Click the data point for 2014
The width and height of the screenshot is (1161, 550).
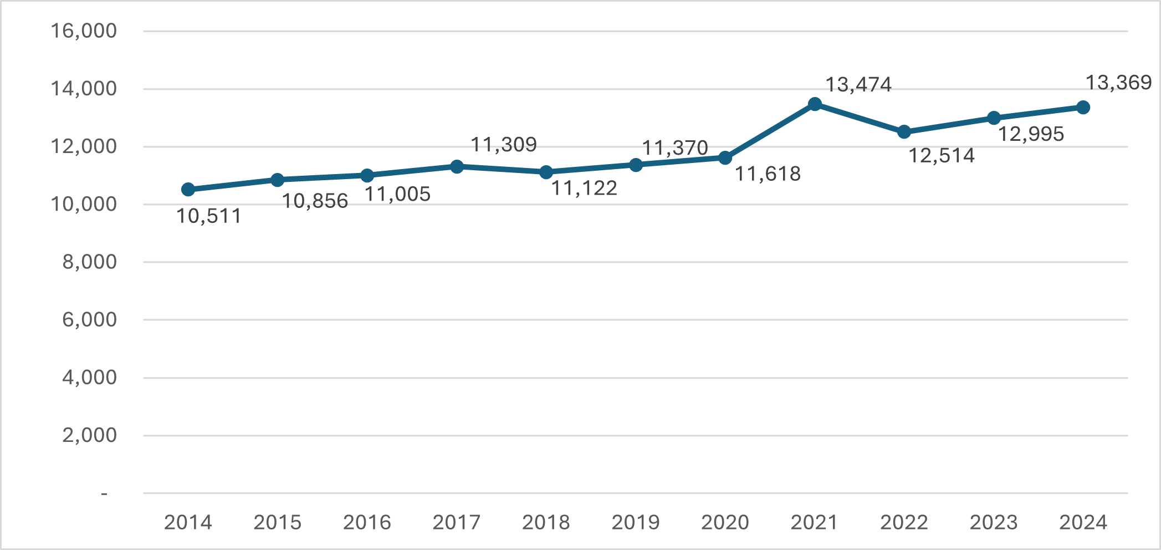click(188, 190)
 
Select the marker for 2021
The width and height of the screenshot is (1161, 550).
click(815, 104)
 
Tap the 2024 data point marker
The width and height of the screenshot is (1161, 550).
click(1083, 108)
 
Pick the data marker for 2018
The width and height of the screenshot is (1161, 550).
click(546, 172)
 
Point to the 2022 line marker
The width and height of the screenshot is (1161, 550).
click(904, 132)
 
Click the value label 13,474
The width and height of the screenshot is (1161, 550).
click(858, 85)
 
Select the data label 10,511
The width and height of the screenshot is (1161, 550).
click(209, 216)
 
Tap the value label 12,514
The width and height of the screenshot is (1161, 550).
click(941, 156)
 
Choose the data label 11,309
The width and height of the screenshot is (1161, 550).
click(503, 145)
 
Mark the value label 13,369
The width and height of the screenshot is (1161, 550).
click(1118, 83)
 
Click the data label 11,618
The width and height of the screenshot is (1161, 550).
click(768, 174)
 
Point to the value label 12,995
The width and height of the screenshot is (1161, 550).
click(1031, 134)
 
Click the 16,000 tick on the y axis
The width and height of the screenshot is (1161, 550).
click(84, 30)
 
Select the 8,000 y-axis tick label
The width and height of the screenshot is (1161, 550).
click(89, 262)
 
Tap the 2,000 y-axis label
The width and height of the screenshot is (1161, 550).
click(89, 435)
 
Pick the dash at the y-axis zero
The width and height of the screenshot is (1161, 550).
click(104, 493)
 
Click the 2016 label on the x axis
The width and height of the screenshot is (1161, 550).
click(367, 522)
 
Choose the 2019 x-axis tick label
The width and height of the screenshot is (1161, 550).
click(636, 522)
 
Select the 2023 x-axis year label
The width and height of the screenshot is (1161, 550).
click(994, 522)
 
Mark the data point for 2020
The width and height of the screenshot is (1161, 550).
click(725, 158)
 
